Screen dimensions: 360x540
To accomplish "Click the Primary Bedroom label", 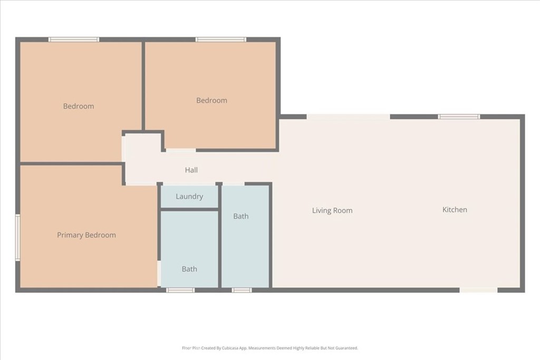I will pyautogui.click(x=86, y=235).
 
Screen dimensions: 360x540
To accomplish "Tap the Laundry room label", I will pyautogui.click(x=189, y=197).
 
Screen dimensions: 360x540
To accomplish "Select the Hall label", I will pyautogui.click(x=191, y=170).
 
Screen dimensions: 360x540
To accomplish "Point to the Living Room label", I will pyautogui.click(x=332, y=211).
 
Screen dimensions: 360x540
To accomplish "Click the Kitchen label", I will pyautogui.click(x=455, y=210).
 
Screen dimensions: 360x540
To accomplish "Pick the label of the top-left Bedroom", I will pyautogui.click(x=79, y=106).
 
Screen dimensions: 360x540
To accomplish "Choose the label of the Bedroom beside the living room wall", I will pyautogui.click(x=211, y=101).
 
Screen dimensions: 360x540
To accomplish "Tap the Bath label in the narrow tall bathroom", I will pyautogui.click(x=241, y=216).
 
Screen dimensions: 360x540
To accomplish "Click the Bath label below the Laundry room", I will pyautogui.click(x=189, y=269).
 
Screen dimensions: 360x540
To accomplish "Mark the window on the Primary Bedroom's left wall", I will pyautogui.click(x=17, y=237).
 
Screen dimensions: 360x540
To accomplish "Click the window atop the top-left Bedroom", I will pyautogui.click(x=74, y=40).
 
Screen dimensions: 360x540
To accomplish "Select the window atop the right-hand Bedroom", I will pyautogui.click(x=220, y=40).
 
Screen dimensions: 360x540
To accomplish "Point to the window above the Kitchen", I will pyautogui.click(x=459, y=116).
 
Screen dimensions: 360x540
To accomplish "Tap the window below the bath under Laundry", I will pyautogui.click(x=180, y=290).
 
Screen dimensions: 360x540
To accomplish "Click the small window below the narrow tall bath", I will pyautogui.click(x=242, y=290).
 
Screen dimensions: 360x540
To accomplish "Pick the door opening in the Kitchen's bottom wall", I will pyautogui.click(x=478, y=290).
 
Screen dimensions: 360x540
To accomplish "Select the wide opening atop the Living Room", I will pyautogui.click(x=348, y=116).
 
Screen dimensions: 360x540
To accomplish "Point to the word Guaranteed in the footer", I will pyautogui.click(x=346, y=348).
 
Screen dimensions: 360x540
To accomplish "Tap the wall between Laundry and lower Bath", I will pyautogui.click(x=189, y=209).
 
